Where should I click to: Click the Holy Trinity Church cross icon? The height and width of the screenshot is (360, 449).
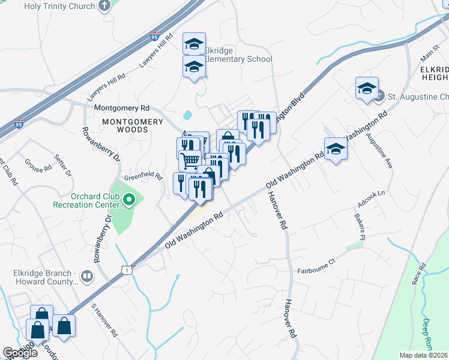[104, 6]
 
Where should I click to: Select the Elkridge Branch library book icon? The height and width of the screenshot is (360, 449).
[87, 277]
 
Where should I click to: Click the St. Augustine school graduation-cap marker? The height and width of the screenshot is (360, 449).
[366, 89]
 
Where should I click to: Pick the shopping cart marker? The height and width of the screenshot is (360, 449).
[190, 160]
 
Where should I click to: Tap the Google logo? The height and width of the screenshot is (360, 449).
[20, 353]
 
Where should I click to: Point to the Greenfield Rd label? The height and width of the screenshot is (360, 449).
[143, 177]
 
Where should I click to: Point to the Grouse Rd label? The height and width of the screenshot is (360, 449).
[38, 166]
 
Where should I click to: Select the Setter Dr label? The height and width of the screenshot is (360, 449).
[63, 166]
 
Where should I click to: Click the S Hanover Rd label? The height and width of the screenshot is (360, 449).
[103, 320]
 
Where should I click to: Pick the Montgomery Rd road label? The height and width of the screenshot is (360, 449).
[121, 108]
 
